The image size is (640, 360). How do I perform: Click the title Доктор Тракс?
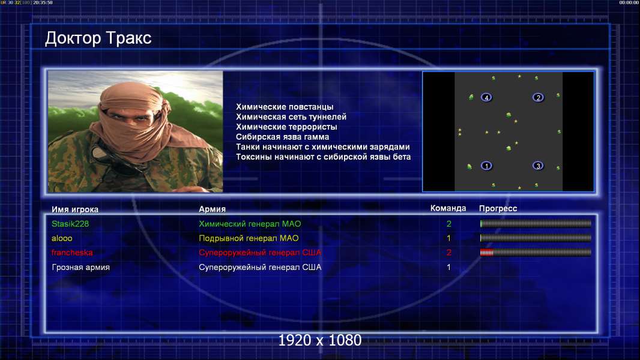(98, 38)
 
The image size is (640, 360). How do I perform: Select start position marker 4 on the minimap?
(486, 97)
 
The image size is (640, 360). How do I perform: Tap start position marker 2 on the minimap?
(538, 97)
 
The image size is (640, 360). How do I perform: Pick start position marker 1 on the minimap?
(486, 166)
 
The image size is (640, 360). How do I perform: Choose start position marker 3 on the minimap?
(538, 166)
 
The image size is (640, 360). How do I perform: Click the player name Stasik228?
(70, 224)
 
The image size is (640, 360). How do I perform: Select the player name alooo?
(62, 238)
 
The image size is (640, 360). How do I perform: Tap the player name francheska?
(72, 253)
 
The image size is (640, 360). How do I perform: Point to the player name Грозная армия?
(80, 268)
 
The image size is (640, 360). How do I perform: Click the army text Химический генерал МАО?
(250, 224)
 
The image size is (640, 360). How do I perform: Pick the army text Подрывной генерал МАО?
(249, 238)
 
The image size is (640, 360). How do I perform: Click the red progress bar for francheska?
(486, 253)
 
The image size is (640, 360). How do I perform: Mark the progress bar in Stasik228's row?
(536, 223)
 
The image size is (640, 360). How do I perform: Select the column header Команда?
(448, 208)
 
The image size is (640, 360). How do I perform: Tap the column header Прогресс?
(498, 209)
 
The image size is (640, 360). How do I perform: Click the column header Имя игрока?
(74, 209)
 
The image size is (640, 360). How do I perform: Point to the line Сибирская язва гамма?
(282, 137)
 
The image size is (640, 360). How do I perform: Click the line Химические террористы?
(286, 127)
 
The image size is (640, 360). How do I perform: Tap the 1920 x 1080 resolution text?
(320, 340)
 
